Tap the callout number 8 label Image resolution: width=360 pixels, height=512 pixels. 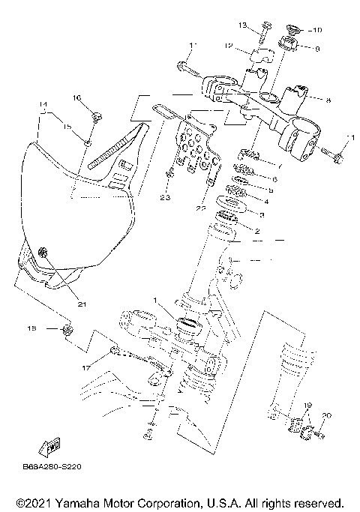click(327, 98)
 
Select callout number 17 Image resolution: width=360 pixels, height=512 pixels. click(87, 368)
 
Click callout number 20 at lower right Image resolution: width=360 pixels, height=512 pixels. click(326, 415)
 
